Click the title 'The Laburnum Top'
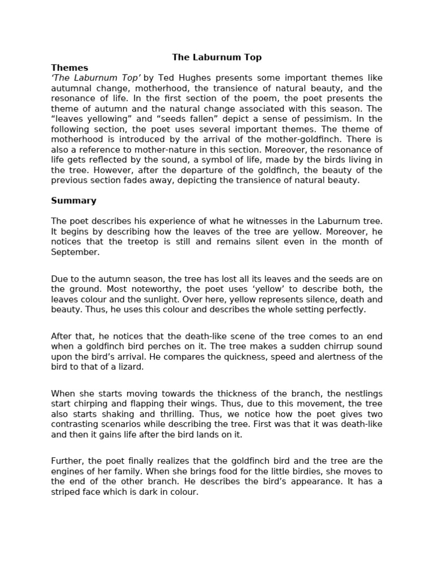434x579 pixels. click(217, 57)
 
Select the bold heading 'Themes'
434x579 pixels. click(70, 67)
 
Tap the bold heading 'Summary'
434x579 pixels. click(73, 200)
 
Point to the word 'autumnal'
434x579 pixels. click(73, 88)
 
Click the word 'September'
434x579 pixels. click(75, 252)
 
